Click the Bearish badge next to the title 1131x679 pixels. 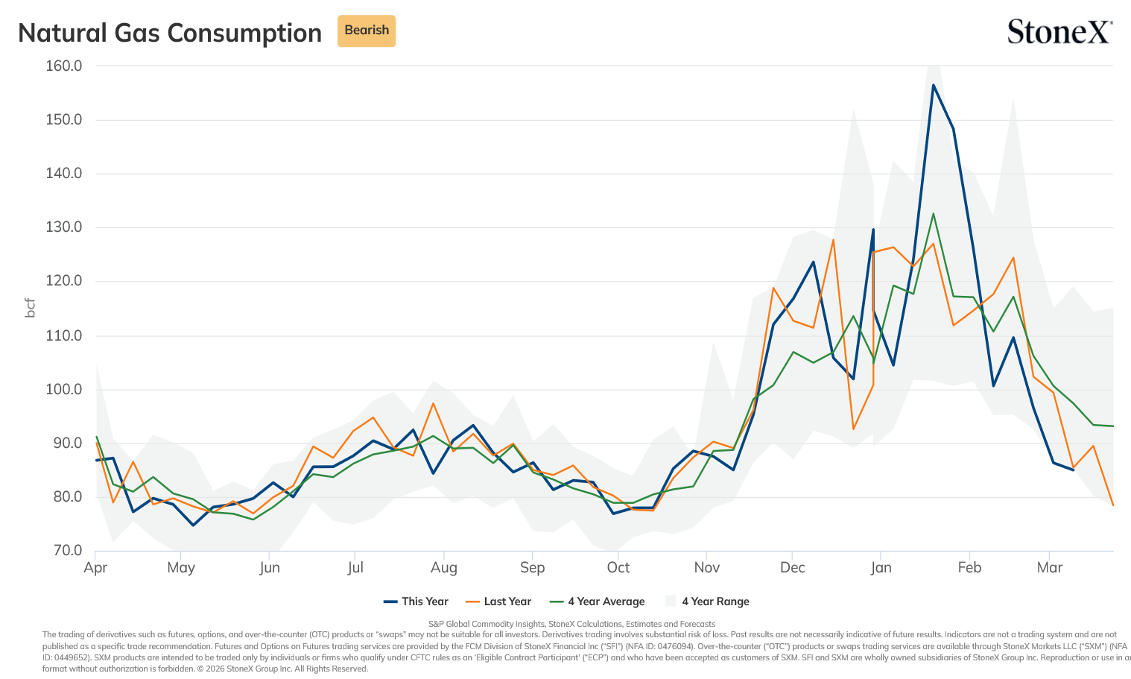click(x=366, y=31)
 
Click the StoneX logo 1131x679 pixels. click(x=1059, y=31)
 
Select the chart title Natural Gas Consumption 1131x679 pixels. click(x=170, y=33)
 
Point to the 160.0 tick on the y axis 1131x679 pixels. click(x=63, y=66)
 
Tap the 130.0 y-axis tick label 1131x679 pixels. click(x=63, y=227)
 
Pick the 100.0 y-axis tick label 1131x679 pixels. click(x=63, y=389)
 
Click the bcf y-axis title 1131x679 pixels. click(x=31, y=308)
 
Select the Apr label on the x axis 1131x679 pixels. click(x=95, y=567)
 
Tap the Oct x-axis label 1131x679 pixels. click(x=618, y=567)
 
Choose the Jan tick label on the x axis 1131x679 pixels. click(x=881, y=567)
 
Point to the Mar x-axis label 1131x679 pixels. click(x=1050, y=567)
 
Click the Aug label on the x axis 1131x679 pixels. click(x=444, y=568)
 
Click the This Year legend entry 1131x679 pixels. click(x=416, y=601)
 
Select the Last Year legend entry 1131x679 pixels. click(x=498, y=601)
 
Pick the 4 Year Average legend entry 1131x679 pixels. click(x=598, y=601)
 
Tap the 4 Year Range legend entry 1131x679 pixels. click(x=707, y=601)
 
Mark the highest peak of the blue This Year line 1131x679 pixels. click(x=933, y=85)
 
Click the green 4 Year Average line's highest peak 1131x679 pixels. click(x=933, y=214)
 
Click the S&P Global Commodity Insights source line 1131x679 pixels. click(x=571, y=624)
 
